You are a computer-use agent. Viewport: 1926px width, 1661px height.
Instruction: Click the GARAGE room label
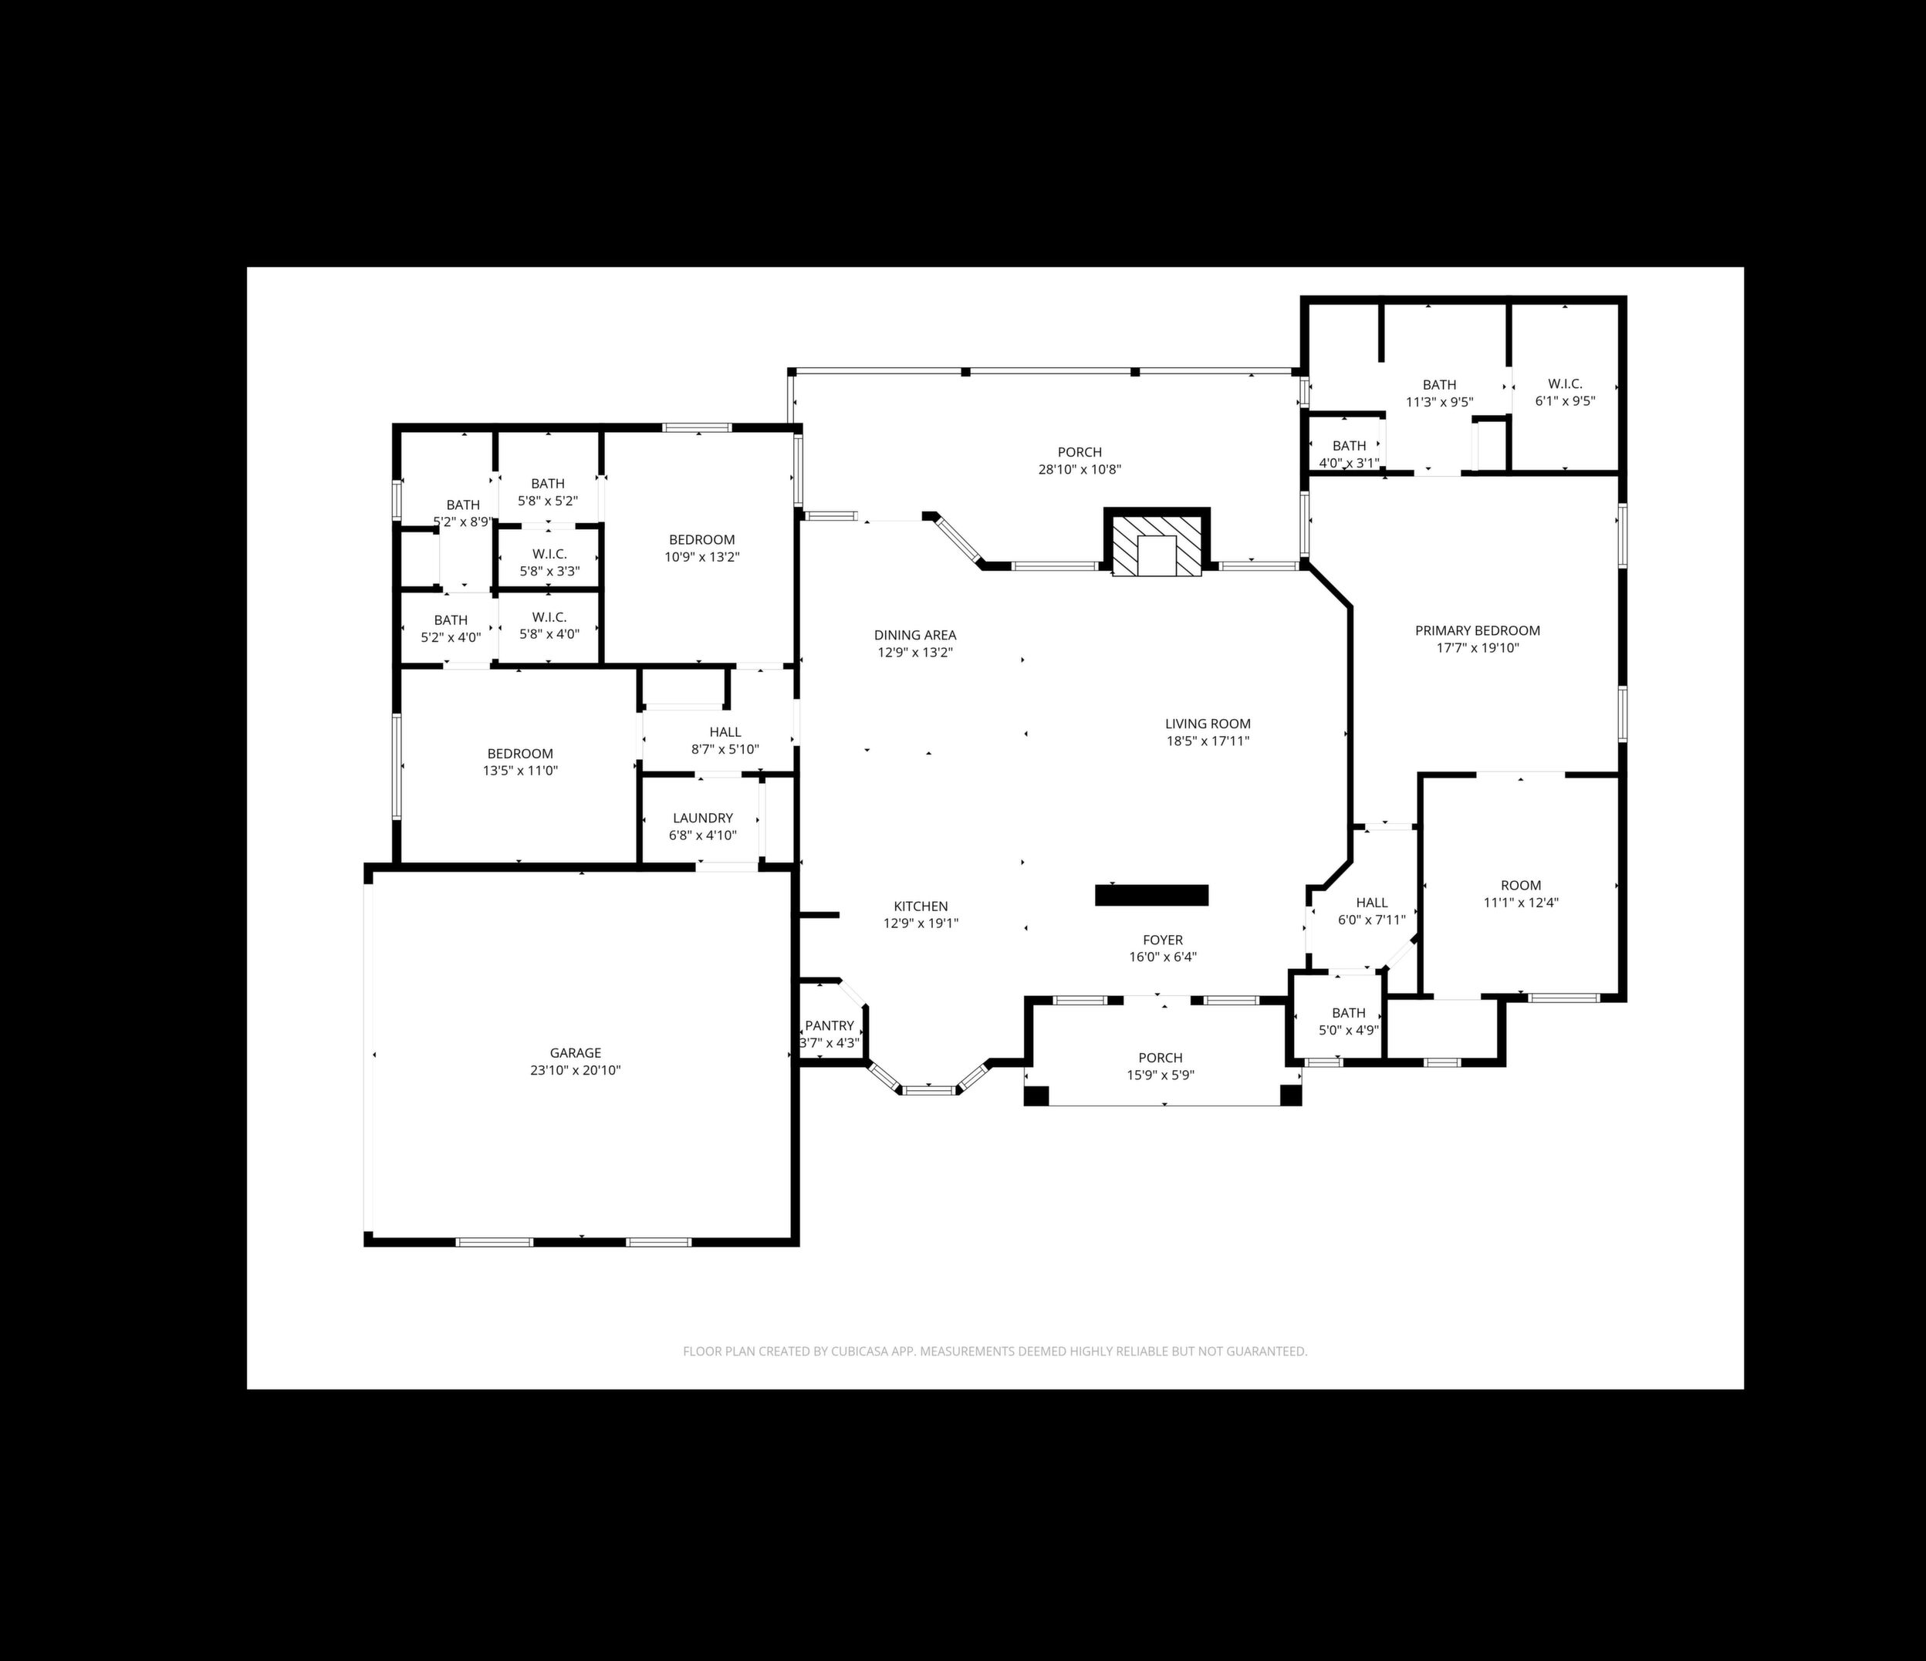576,1053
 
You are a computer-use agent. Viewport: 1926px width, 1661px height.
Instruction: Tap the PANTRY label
830,1026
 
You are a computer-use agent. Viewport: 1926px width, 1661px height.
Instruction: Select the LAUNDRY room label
703,818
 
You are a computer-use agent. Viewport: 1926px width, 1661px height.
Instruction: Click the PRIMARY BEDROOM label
1477,630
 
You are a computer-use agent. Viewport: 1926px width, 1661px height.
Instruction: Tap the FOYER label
1163,940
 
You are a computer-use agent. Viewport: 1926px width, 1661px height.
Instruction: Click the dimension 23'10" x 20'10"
576,1071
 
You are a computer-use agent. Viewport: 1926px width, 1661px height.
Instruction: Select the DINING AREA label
914,636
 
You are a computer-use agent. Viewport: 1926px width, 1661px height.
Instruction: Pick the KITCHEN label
921,906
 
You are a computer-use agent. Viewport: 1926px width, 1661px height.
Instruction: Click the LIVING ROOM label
1208,723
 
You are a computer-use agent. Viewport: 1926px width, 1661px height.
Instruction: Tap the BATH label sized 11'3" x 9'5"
1439,385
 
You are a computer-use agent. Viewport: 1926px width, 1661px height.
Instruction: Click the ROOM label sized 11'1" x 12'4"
1520,885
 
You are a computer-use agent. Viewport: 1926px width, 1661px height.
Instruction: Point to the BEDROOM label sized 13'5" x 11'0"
519,754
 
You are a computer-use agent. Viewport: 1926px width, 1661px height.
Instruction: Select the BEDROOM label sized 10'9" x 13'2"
701,540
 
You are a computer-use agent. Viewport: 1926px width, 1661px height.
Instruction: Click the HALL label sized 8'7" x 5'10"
725,732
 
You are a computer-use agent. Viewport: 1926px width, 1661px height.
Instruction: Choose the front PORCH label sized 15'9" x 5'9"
1160,1058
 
